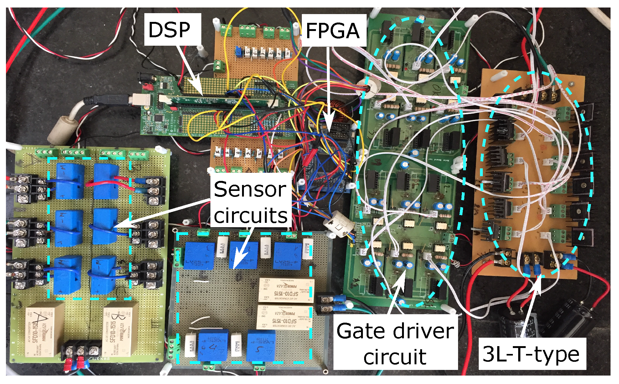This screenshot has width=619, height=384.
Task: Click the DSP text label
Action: (169, 30)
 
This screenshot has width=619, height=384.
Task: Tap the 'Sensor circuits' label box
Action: (250, 202)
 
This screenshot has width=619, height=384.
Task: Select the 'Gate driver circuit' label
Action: (395, 344)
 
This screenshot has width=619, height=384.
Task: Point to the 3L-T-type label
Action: (531, 354)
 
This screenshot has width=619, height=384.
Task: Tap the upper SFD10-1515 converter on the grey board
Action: (286, 290)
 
